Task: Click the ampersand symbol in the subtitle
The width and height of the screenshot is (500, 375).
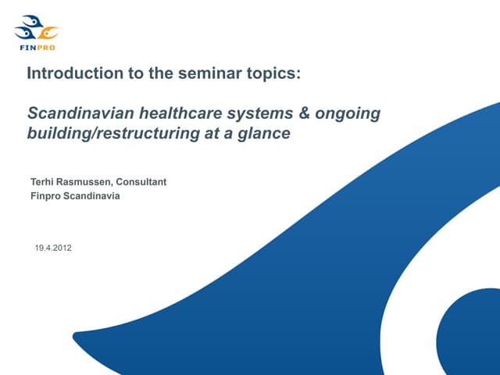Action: [305, 113]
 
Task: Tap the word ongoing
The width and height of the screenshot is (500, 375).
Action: [349, 113]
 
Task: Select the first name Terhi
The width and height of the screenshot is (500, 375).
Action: [42, 183]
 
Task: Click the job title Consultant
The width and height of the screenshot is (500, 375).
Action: [141, 183]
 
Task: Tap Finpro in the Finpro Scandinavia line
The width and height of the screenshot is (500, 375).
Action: [44, 196]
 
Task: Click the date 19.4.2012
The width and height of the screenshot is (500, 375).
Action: [53, 248]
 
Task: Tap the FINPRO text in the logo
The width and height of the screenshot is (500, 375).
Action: [37, 47]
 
